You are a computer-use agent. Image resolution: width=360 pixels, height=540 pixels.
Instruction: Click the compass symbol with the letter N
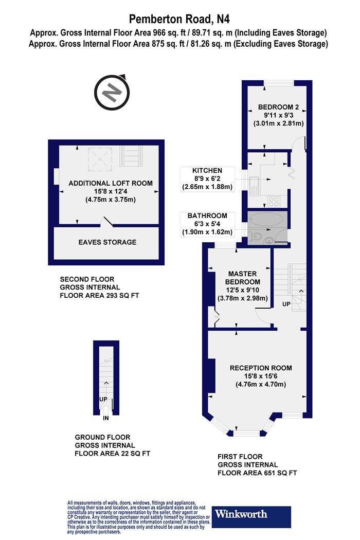point(112,92)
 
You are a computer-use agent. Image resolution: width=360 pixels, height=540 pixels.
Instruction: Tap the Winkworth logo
point(251,516)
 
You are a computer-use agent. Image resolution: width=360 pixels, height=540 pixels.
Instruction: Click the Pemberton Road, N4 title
point(179,19)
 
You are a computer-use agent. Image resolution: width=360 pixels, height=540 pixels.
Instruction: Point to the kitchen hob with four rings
point(274,202)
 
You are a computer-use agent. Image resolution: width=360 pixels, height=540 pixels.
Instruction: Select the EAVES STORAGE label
point(107,242)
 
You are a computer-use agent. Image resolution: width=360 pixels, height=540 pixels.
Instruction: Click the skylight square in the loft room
point(100,159)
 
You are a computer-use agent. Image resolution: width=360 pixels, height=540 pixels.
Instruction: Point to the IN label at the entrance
point(106,418)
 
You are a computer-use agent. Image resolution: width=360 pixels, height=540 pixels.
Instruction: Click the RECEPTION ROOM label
point(261,368)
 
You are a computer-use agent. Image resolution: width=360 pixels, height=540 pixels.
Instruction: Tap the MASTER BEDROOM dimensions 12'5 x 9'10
point(243,290)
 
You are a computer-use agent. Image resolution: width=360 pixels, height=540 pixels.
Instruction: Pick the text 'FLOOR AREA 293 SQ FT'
point(100,296)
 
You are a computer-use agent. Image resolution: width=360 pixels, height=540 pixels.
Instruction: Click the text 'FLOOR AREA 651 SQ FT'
point(257,473)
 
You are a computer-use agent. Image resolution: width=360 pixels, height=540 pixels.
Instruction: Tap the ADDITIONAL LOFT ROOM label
point(111,183)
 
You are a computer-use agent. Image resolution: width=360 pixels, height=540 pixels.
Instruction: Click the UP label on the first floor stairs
point(286,304)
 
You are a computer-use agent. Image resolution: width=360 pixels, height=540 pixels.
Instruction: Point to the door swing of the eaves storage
point(107,222)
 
